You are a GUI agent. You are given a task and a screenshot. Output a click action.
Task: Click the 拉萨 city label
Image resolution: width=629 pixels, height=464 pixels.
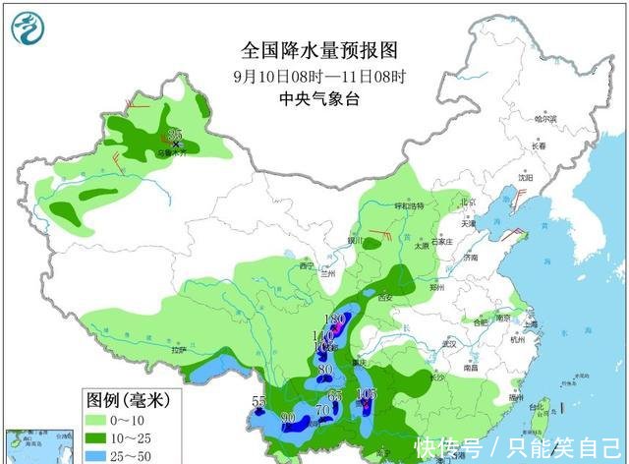coord(177,349)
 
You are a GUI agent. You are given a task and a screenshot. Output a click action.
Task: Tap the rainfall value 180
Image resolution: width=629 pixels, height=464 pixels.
coord(334,319)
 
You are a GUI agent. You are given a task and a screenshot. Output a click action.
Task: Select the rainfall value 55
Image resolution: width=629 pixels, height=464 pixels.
coord(259,401)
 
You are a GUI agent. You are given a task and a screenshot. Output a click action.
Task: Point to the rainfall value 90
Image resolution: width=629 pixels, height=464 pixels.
coord(289,419)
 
